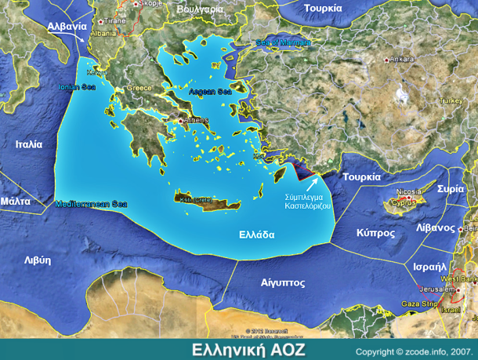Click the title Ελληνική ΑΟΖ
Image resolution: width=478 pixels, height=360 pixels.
[x=249, y=349]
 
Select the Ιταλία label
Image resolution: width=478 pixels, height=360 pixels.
[x=28, y=144]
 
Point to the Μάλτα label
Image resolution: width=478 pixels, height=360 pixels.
[x=15, y=201]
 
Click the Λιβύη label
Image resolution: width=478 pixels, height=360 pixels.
[x=37, y=260]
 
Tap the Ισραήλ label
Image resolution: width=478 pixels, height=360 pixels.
[x=429, y=267]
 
